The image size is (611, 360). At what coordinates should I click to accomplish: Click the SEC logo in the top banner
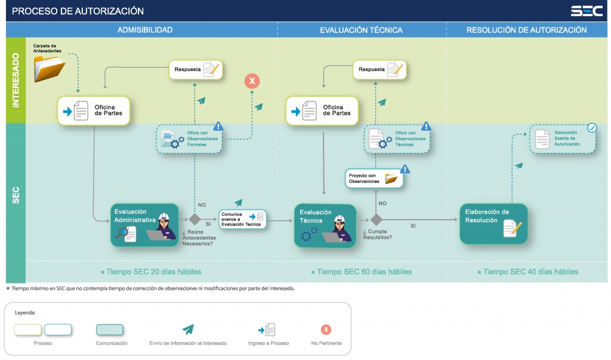pos(586,11)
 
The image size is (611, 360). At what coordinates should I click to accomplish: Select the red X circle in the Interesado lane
pos(252,81)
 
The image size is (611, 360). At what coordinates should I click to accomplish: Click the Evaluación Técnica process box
pos(325,225)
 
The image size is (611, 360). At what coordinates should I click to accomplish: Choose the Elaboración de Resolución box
pos(493,224)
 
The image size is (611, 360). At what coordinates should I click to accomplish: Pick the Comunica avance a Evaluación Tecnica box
pos(242,219)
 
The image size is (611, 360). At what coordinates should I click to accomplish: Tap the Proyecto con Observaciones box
pos(374,179)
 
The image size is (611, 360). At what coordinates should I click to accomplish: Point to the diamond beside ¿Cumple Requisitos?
pos(376,219)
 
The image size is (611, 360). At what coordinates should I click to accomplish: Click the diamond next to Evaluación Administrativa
pos(195,219)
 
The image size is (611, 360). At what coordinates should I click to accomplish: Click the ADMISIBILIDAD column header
pos(145,30)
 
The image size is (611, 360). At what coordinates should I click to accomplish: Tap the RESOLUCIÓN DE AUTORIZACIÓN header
pos(526,30)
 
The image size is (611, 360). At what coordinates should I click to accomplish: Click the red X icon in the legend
pos(326,330)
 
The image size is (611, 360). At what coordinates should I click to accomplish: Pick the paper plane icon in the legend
pos(189,330)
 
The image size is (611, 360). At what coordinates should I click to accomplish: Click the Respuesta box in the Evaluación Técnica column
pos(379,70)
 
